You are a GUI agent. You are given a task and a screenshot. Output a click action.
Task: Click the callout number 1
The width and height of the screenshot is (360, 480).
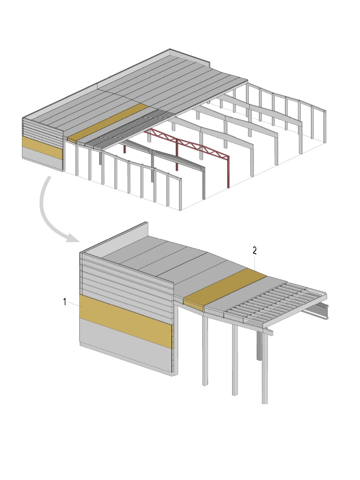pyautogui.click(x=65, y=302)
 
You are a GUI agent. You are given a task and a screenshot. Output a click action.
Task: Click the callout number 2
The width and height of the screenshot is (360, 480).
pyautogui.click(x=255, y=251)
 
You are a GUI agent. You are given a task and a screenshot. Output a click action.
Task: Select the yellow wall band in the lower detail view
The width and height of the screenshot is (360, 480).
pyautogui.click(x=126, y=322)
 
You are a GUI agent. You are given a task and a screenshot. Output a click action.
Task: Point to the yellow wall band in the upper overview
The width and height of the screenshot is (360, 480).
pyautogui.click(x=42, y=148)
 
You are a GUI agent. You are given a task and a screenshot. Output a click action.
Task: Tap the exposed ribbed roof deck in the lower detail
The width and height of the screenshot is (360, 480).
pyautogui.click(x=276, y=303)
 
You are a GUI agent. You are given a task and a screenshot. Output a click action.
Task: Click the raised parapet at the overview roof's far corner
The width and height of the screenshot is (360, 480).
pyautogui.click(x=190, y=57)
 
